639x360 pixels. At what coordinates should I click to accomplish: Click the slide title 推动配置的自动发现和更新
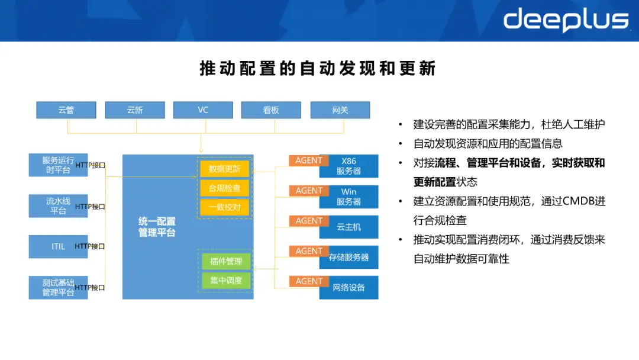[318, 69]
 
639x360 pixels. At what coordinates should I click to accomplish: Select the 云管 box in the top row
[66, 110]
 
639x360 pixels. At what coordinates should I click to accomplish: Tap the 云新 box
[135, 110]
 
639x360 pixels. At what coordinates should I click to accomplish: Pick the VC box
[203, 110]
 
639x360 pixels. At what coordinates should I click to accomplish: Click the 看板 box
[271, 110]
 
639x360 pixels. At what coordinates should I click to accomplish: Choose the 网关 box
[340, 110]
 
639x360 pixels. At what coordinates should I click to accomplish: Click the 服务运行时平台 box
[58, 165]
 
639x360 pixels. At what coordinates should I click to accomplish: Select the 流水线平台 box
[58, 206]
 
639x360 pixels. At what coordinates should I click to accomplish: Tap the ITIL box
[58, 246]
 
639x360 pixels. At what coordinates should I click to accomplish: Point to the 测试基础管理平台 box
[58, 288]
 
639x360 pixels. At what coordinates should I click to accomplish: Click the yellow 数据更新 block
[225, 169]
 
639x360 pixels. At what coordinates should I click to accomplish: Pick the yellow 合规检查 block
[225, 188]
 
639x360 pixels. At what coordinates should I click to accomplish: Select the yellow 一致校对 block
[225, 208]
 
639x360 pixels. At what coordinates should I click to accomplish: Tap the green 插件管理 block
[226, 261]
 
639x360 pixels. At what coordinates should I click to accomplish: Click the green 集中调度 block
[226, 281]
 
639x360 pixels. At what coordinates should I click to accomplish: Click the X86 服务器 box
[349, 166]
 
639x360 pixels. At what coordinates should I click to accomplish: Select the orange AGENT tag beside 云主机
[309, 221]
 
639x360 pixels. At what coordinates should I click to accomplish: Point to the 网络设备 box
[349, 288]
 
